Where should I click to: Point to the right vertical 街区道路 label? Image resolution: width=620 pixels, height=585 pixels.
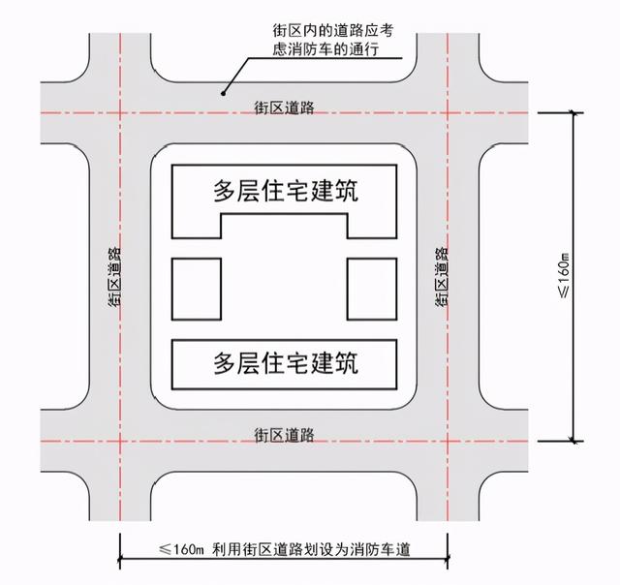(x=443, y=275)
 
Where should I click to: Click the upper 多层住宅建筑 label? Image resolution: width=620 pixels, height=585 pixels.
(x=286, y=191)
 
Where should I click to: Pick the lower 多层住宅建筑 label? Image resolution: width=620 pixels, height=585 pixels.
(x=286, y=363)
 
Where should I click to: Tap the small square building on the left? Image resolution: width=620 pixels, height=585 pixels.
(x=197, y=289)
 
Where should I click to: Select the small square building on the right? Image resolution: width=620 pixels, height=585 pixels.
(x=373, y=289)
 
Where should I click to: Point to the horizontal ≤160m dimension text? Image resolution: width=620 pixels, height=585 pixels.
(x=181, y=550)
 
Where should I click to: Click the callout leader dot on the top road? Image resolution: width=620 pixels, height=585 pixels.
(x=223, y=94)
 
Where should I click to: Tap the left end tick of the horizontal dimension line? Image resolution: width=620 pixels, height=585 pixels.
(x=121, y=559)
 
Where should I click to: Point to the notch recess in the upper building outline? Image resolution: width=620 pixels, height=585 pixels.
(x=285, y=227)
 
